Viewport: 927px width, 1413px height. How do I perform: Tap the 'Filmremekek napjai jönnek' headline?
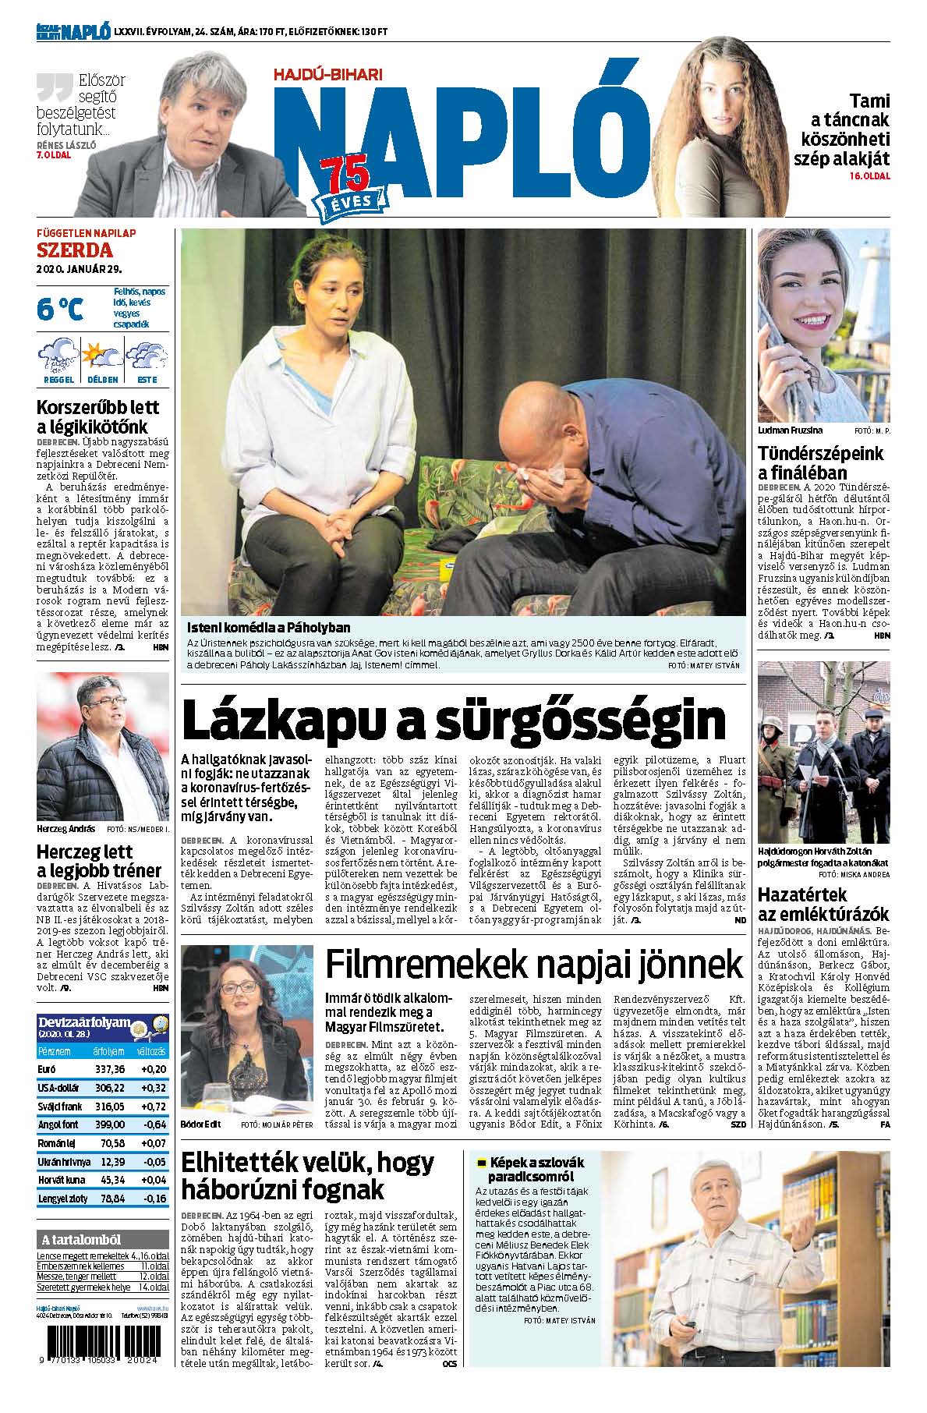tap(534, 965)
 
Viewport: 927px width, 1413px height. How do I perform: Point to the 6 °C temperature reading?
tap(59, 309)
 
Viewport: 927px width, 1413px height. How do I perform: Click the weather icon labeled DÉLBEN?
tap(102, 356)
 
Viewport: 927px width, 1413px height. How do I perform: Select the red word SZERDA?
tap(75, 250)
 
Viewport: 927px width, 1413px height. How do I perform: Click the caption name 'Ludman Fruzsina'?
tap(789, 430)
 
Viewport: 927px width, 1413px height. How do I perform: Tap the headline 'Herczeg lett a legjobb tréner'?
tap(99, 861)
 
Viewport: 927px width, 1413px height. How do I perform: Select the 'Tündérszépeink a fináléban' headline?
tap(821, 463)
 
